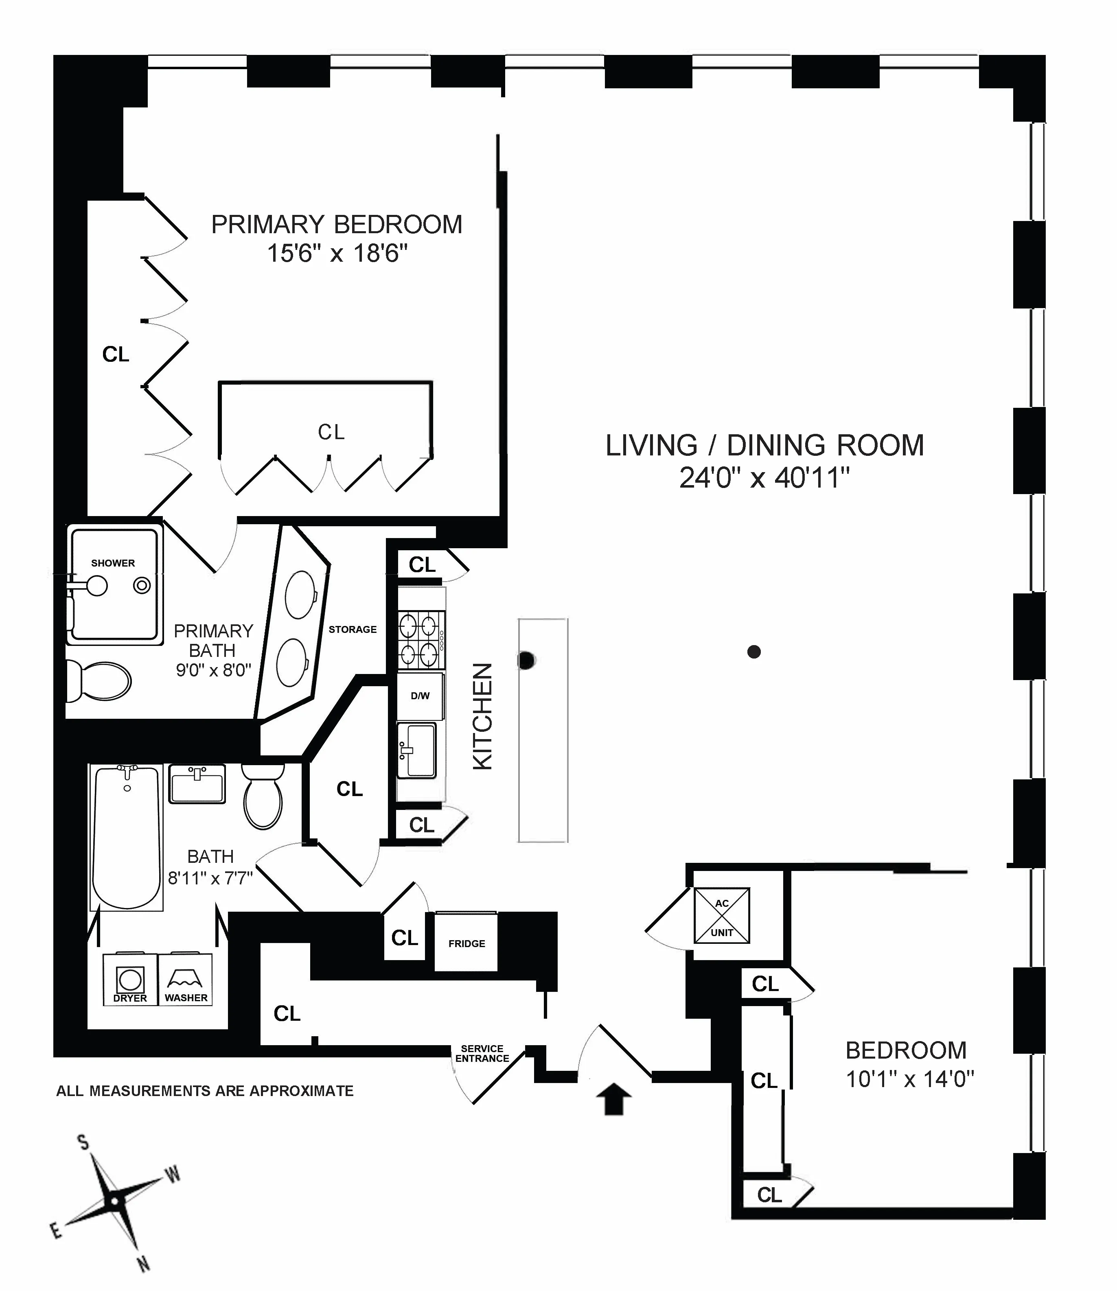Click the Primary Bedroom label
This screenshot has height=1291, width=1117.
[337, 224]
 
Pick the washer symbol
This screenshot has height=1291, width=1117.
[186, 979]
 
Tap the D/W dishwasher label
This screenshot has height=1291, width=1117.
[420, 696]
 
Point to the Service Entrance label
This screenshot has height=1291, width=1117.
[482, 1054]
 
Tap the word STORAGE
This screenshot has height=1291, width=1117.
[353, 629]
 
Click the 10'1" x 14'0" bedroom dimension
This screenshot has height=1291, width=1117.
[909, 1079]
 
